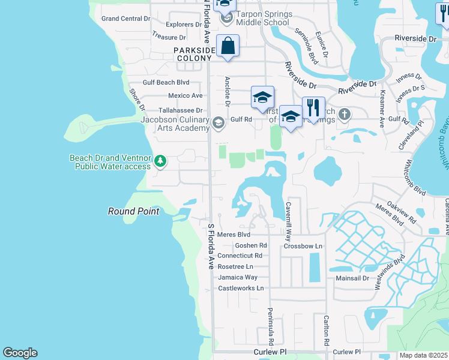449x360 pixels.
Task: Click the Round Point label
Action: pyautogui.click(x=133, y=211)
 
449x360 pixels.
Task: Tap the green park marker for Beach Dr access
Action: pyautogui.click(x=160, y=161)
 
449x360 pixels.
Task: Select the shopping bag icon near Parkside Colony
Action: pyautogui.click(x=228, y=46)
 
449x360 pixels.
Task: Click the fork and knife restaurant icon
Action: pyautogui.click(x=313, y=109)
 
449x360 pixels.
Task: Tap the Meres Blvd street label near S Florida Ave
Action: pyautogui.click(x=234, y=235)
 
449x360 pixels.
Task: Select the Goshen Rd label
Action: pyautogui.click(x=251, y=245)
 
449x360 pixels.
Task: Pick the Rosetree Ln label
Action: pyautogui.click(x=235, y=266)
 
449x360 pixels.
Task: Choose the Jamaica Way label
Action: pyautogui.click(x=238, y=277)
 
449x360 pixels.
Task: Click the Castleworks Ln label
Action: pyautogui.click(x=241, y=288)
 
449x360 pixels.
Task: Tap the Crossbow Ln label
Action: pyautogui.click(x=303, y=246)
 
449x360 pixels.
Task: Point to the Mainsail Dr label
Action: pyautogui.click(x=352, y=278)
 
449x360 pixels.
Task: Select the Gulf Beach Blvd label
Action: pyautogui.click(x=166, y=82)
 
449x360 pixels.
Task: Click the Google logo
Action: pyautogui.click(x=20, y=353)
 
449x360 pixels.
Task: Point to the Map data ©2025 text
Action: pyautogui.click(x=424, y=355)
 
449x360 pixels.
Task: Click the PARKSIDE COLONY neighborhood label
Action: pyautogui.click(x=194, y=54)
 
